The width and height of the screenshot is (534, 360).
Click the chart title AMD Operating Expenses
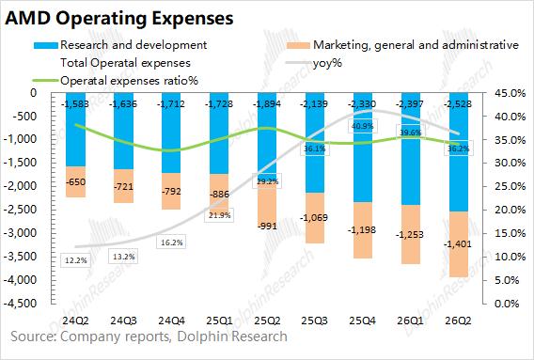pos(119,18)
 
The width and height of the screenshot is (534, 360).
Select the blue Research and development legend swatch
pos(46,45)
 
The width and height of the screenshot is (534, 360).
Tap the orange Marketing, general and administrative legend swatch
pos(298,45)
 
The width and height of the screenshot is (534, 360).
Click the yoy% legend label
pos(327,63)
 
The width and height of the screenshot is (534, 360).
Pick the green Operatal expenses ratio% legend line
pos(46,81)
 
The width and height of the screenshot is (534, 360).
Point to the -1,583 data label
pos(75,103)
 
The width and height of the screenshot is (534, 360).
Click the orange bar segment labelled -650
pos(75,181)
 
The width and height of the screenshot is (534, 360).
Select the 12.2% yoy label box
pos(76,260)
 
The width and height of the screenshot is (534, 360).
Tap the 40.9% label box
pos(362,126)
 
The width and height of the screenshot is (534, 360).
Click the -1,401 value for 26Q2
pos(458,243)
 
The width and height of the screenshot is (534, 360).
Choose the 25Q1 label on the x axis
pos(219,321)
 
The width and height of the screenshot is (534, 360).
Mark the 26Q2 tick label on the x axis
pos(459,321)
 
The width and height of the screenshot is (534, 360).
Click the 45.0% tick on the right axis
pos(509,93)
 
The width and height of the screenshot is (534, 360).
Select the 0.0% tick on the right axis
pos(507,303)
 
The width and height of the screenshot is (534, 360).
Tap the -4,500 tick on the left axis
pos(21,303)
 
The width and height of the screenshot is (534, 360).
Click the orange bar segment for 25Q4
pos(362,230)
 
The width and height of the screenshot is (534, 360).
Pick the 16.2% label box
pos(171,243)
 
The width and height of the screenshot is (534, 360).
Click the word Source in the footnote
pos(32,337)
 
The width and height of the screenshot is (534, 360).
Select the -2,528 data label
pos(458,103)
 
